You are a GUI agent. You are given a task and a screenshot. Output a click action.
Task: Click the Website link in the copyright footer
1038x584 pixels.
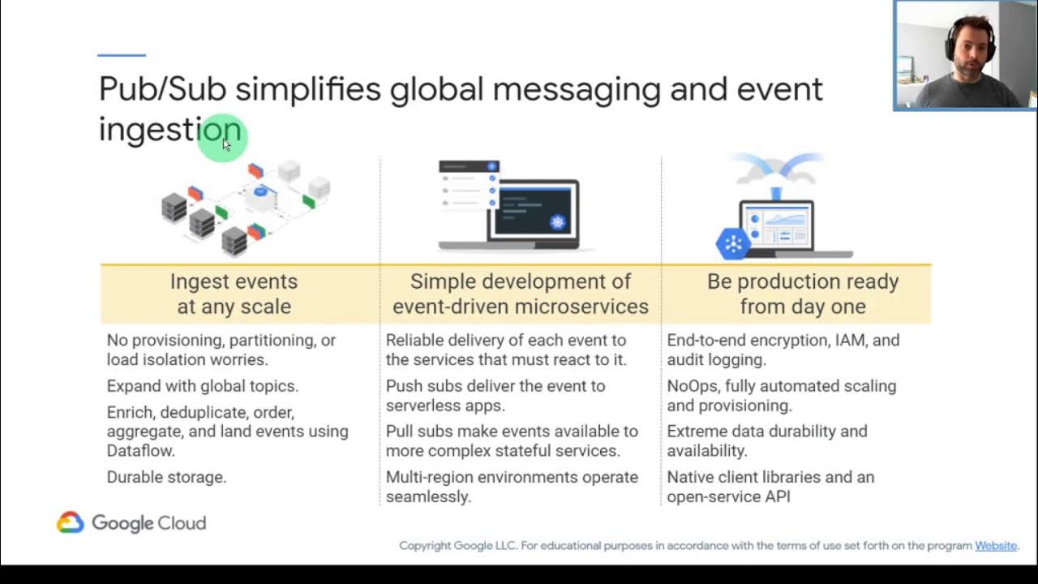click(x=995, y=546)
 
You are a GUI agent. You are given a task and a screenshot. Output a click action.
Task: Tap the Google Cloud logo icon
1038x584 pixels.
click(x=71, y=522)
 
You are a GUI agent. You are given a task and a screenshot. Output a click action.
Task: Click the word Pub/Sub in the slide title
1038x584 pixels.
click(x=162, y=88)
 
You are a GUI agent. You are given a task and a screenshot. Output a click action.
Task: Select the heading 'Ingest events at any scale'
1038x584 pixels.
click(x=234, y=294)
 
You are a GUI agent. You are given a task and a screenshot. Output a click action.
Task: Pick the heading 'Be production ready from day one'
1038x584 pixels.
click(x=802, y=294)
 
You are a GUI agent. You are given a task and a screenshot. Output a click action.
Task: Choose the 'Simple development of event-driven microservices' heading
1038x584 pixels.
click(x=520, y=294)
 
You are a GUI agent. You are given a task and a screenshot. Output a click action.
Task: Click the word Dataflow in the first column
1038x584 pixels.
click(x=140, y=450)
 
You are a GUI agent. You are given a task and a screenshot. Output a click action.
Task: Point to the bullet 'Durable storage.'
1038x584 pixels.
click(x=166, y=477)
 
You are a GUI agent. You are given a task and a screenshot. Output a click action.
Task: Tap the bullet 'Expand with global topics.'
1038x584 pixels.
click(x=202, y=386)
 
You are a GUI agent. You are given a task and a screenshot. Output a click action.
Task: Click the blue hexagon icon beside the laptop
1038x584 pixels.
click(x=733, y=243)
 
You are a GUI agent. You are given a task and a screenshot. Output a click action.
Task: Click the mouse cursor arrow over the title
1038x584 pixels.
click(x=226, y=144)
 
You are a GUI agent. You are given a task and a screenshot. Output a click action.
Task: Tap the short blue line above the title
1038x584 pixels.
click(x=121, y=55)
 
